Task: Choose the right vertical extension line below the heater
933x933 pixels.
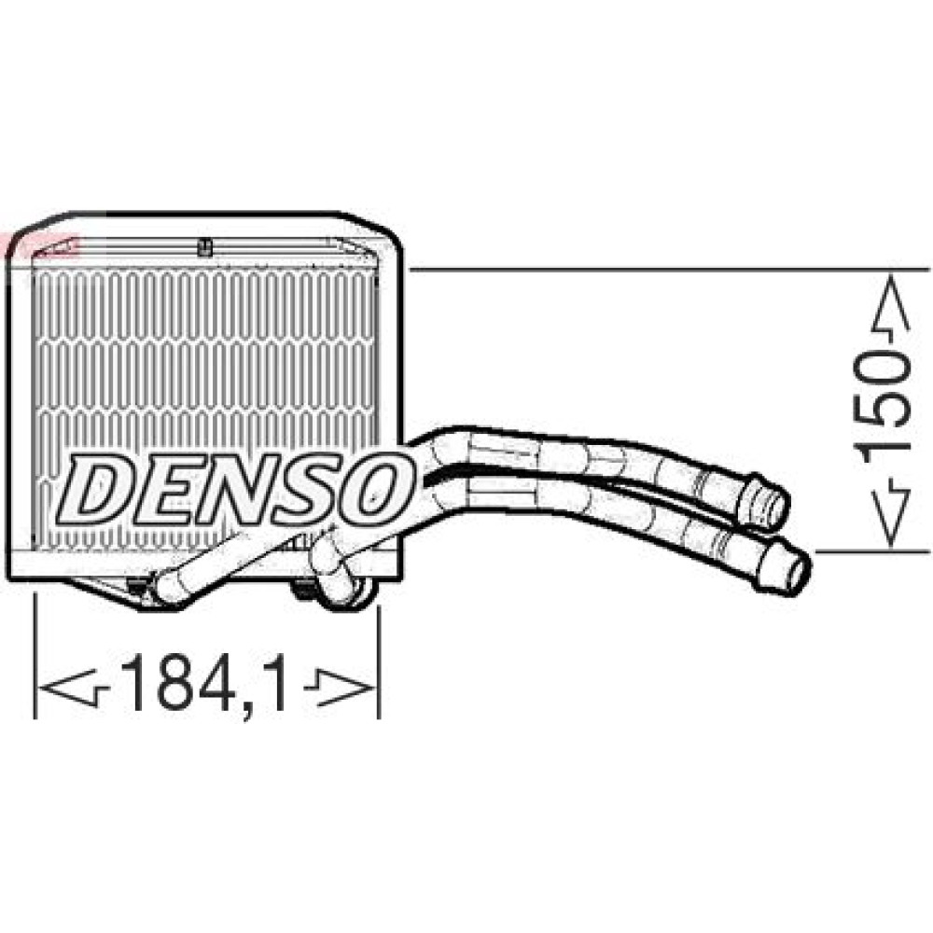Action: click(378, 662)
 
